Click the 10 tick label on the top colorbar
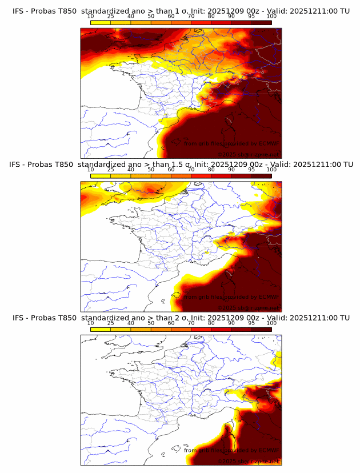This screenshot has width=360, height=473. (91, 16)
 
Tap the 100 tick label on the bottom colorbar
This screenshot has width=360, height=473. (271, 323)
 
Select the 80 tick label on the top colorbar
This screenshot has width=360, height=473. (211, 16)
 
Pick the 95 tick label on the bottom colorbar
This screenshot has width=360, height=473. (251, 323)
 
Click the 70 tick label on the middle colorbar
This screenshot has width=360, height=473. (191, 169)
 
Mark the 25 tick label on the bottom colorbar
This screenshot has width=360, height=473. (111, 323)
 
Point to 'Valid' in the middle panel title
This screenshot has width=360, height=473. (280, 164)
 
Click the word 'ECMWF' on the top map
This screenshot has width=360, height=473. (268, 144)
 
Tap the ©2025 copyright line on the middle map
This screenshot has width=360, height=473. (248, 308)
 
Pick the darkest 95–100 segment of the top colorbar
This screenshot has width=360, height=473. (261, 22)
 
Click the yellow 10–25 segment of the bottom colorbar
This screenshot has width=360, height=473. (101, 329)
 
